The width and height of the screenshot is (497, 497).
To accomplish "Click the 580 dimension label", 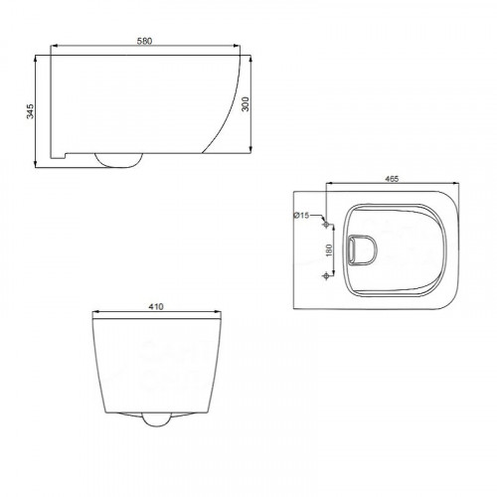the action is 144,41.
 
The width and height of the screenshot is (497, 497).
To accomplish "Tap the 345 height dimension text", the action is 30,111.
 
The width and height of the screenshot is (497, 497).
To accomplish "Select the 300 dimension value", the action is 246,104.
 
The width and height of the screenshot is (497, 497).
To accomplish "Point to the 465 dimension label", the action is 392,179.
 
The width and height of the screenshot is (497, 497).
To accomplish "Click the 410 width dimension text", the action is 156,307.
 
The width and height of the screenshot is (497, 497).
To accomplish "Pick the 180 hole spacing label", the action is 329,250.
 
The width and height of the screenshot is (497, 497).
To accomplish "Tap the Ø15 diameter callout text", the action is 301,216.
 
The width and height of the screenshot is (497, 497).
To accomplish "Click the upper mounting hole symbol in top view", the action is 326,225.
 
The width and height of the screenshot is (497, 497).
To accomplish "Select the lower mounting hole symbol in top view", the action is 326,275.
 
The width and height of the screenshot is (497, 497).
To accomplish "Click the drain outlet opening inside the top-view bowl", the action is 363,250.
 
